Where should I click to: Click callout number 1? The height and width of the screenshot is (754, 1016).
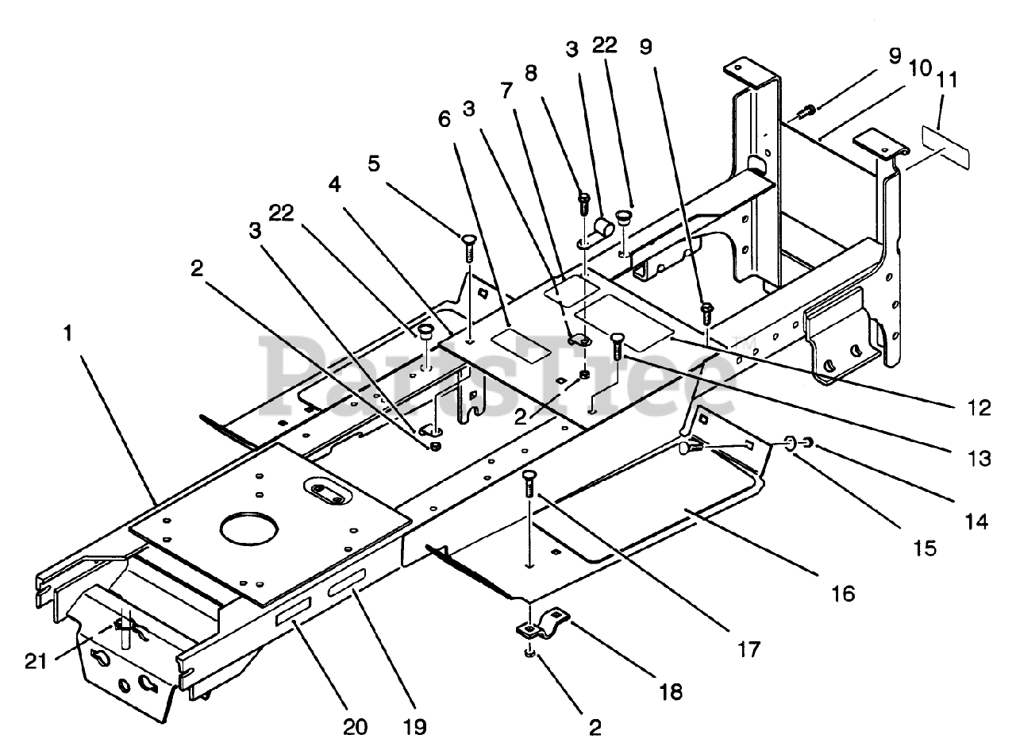click(x=68, y=333)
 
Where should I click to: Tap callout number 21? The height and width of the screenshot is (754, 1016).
click(x=36, y=661)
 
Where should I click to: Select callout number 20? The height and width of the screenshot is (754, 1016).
click(x=355, y=727)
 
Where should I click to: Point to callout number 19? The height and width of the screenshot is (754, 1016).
click(x=415, y=727)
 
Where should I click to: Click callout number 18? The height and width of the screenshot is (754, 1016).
click(x=671, y=692)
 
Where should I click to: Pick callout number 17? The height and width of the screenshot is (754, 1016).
click(x=749, y=649)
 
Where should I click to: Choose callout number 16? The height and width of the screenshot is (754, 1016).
click(x=843, y=594)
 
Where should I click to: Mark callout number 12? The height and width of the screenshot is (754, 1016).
click(x=979, y=408)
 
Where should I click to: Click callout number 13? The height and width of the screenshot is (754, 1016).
click(x=979, y=458)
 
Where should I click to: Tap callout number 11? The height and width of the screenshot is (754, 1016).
click(x=947, y=81)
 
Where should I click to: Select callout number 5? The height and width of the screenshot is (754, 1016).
click(x=374, y=163)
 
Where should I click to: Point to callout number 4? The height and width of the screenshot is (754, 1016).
click(x=335, y=184)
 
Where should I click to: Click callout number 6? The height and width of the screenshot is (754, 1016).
click(x=444, y=119)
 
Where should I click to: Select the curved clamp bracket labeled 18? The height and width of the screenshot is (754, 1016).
click(x=543, y=624)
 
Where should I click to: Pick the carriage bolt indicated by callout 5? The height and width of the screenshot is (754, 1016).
click(x=469, y=248)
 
